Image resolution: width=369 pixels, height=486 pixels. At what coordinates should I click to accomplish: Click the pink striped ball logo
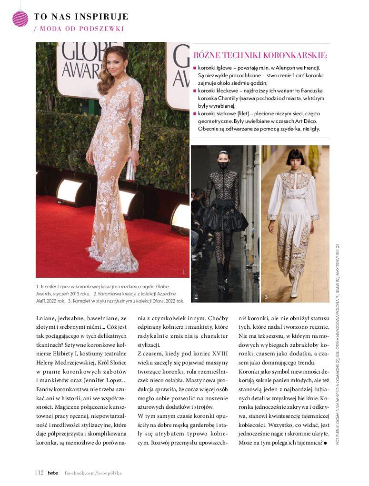20,19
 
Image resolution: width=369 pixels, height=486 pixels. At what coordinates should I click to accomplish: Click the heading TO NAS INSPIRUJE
81,17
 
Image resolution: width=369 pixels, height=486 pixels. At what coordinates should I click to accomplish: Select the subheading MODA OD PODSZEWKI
81,29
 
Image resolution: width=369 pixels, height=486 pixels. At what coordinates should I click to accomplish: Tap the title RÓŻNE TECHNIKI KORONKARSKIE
260,56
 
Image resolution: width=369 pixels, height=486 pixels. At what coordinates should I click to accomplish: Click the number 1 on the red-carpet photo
183,272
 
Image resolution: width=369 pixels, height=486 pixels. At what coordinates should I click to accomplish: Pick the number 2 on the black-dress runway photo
196,297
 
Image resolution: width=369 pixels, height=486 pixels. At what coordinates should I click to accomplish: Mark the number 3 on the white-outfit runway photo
266,297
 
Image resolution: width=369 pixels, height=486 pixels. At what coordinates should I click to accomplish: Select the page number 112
39,473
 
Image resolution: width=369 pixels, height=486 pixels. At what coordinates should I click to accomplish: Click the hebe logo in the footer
52,473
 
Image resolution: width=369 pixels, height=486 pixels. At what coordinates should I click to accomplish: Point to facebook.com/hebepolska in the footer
93,473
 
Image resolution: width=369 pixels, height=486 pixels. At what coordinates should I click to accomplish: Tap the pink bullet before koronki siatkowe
195,114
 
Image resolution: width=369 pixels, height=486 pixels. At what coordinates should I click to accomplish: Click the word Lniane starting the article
45,318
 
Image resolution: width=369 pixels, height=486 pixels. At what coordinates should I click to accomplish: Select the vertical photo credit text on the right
338,343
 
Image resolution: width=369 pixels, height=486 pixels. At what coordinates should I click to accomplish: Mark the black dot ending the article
326,443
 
